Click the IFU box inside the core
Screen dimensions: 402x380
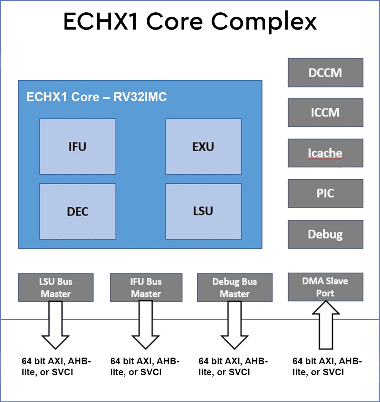tap(77, 146)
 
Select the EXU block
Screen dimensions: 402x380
tap(203, 146)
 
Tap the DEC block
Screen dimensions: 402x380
tap(77, 211)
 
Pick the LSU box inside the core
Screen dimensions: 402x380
tap(203, 211)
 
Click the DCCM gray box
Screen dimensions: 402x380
tap(325, 73)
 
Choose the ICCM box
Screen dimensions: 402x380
tap(325, 112)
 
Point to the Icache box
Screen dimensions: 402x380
tap(325, 153)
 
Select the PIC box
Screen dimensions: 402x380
tap(325, 193)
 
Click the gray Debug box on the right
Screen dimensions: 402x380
tap(325, 234)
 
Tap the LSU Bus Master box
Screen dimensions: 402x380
tap(55, 287)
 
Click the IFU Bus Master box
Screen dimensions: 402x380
tap(146, 287)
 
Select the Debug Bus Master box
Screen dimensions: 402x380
tap(235, 287)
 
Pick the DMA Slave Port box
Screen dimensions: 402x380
tap(325, 287)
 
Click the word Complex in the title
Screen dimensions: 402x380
tap(264, 22)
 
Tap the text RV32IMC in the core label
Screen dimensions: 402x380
tap(140, 97)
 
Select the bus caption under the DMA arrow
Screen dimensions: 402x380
tap(327, 367)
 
